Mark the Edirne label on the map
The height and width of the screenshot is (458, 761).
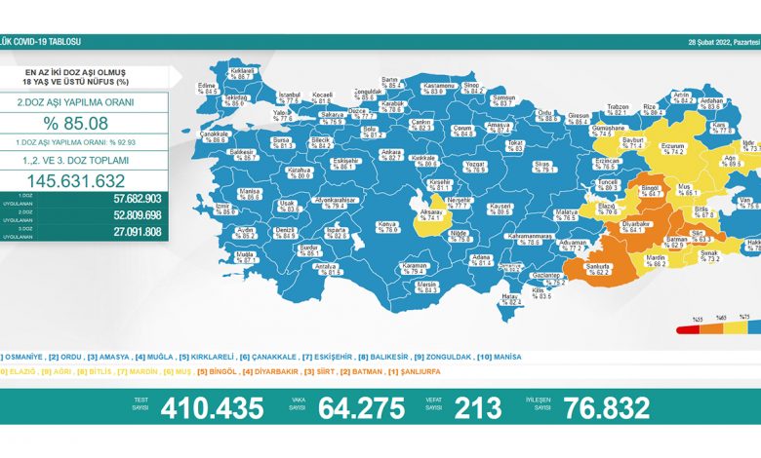click(x=207, y=85)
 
